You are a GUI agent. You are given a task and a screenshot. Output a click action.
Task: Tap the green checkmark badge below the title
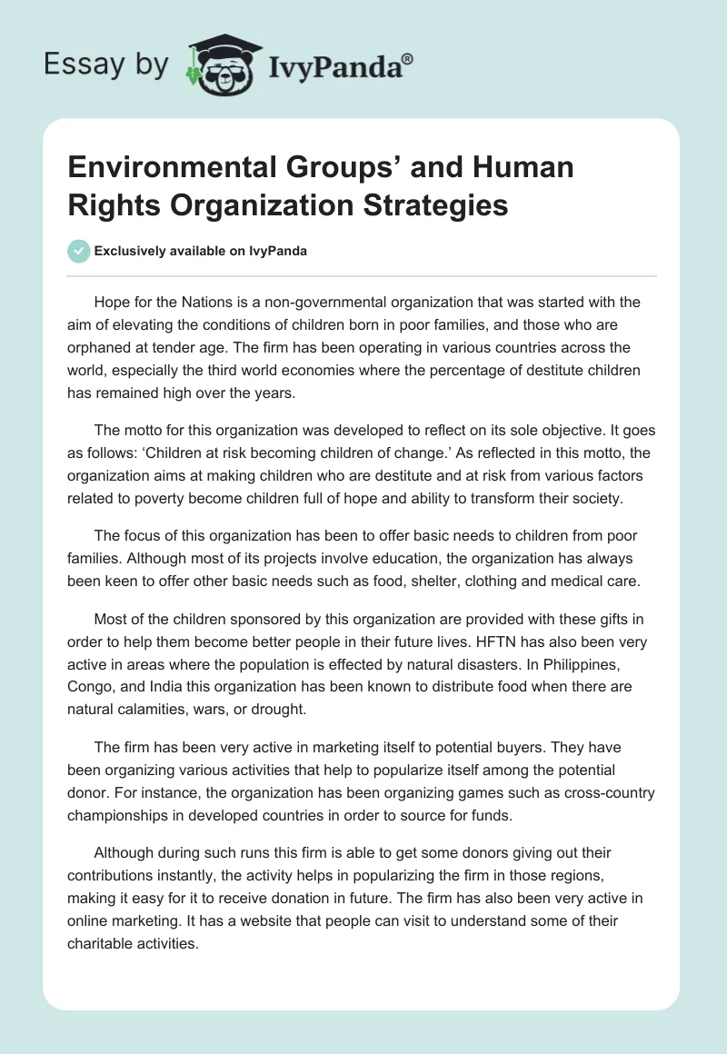click(78, 252)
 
